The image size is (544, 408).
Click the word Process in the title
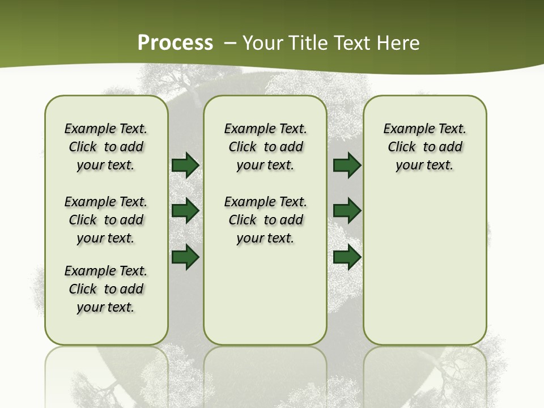(175, 42)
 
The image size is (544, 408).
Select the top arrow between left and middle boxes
(185, 165)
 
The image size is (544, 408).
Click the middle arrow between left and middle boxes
(185, 211)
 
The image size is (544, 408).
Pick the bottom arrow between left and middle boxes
(185, 257)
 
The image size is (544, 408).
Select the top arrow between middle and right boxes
(347, 165)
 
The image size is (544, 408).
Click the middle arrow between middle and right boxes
(347, 211)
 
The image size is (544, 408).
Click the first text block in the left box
(106, 147)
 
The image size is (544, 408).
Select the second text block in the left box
(106, 220)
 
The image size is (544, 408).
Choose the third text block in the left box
(106, 289)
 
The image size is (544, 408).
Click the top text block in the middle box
(265, 147)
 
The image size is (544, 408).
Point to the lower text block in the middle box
(265, 220)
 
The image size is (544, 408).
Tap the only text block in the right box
(424, 147)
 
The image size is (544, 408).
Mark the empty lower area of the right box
(424, 266)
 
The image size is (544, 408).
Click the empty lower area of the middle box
(265, 295)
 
